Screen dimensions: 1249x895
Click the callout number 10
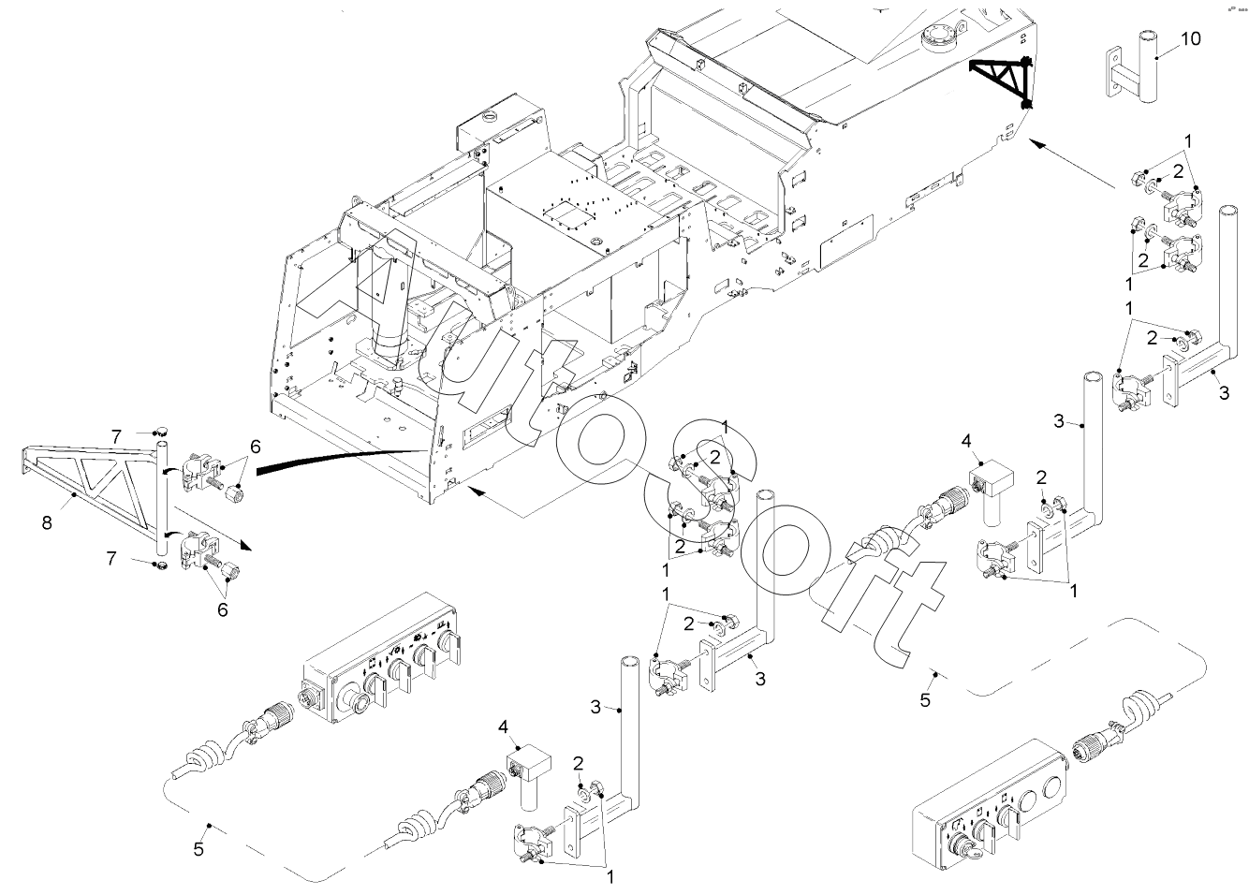coord(1189,39)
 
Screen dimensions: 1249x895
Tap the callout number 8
coord(47,522)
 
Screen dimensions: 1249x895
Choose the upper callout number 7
coord(115,436)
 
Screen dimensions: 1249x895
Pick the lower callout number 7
coord(111,558)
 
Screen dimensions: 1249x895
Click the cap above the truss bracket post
coord(161,431)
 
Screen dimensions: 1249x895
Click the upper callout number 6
coord(255,447)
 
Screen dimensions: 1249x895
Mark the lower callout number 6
coord(223,609)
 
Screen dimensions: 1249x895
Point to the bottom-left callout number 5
coord(198,849)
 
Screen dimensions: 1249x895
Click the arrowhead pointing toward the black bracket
coord(1037,145)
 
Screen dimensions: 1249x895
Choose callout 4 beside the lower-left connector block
coord(503,726)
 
